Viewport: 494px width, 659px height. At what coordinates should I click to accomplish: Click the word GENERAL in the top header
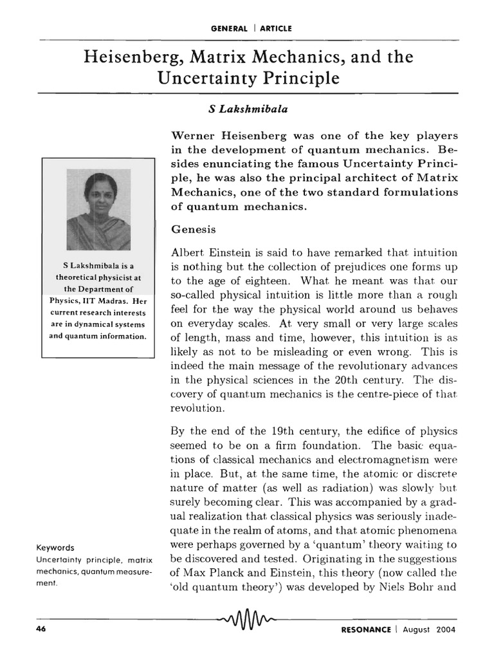pyautogui.click(x=230, y=28)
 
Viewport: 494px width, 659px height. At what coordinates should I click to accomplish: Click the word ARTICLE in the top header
pyautogui.click(x=277, y=28)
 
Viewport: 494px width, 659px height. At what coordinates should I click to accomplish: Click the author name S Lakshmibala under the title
pyautogui.click(x=239, y=110)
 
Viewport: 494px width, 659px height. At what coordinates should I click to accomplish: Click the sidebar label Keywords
pyautogui.click(x=56, y=548)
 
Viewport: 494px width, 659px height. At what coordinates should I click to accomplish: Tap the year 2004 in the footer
pyautogui.click(x=444, y=629)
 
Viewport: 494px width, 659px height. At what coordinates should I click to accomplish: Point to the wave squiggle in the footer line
pyautogui.click(x=247, y=622)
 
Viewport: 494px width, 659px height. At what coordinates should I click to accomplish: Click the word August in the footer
pyautogui.click(x=414, y=629)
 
